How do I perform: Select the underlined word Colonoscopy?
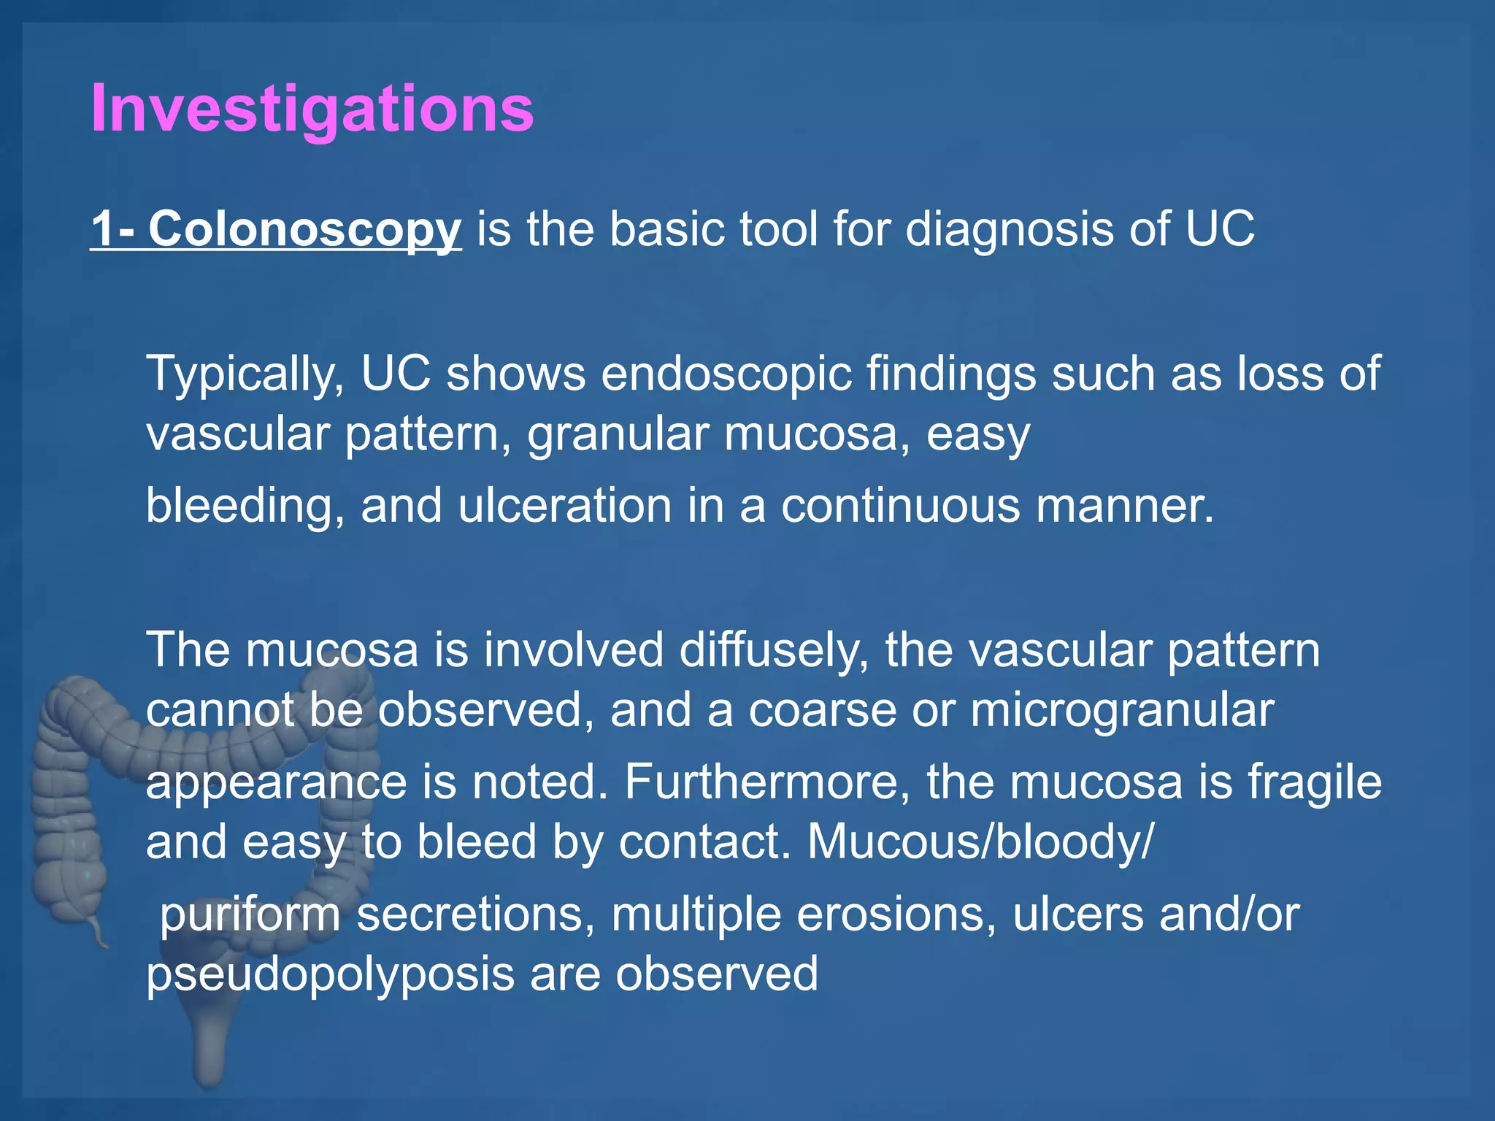tap(305, 229)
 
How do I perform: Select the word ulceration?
tap(564, 505)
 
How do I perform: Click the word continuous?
tap(901, 505)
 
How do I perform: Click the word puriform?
tap(250, 914)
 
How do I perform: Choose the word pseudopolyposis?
tap(330, 974)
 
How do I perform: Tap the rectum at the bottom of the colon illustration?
tap(209, 1051)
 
